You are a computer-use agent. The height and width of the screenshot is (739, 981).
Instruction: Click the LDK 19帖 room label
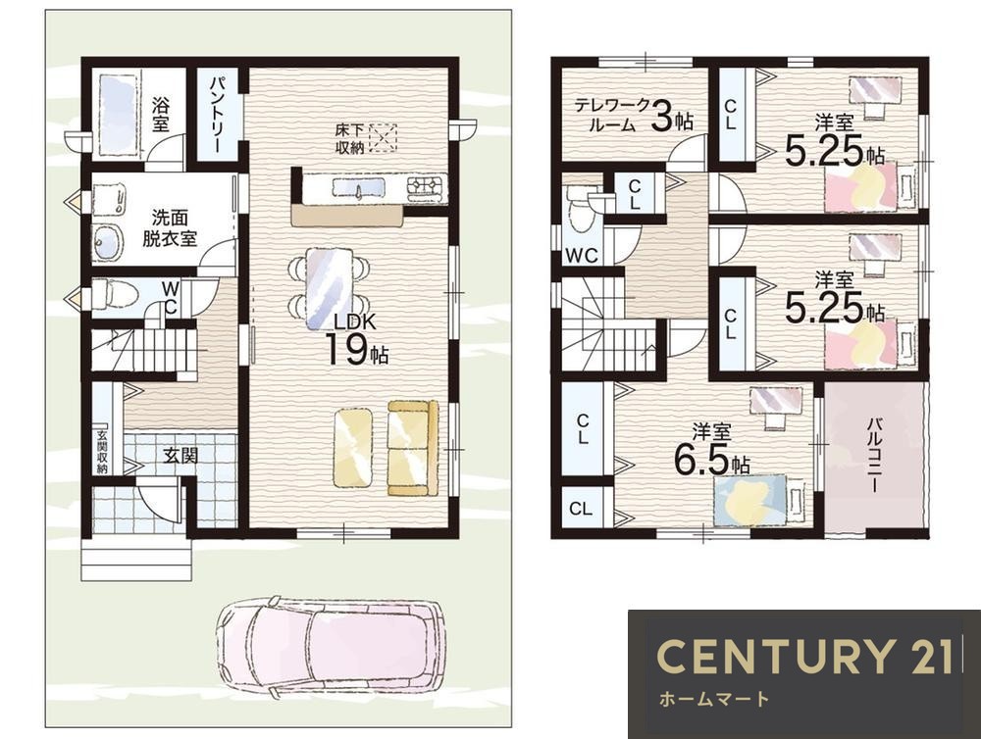click(x=356, y=339)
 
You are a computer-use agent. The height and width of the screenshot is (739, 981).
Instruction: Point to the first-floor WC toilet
click(x=115, y=294)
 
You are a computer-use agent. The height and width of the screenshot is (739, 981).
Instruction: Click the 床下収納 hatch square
click(x=383, y=138)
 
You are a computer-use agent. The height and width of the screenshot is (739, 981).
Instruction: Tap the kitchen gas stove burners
click(x=425, y=185)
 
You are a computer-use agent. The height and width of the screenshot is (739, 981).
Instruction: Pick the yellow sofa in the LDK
click(x=412, y=448)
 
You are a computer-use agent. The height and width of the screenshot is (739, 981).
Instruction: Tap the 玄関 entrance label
click(x=181, y=456)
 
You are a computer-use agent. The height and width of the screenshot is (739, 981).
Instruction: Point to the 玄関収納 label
click(x=102, y=452)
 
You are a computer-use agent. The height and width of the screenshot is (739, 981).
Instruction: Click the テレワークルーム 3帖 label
click(x=634, y=115)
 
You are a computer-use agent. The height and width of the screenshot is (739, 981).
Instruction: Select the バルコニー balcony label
click(x=874, y=457)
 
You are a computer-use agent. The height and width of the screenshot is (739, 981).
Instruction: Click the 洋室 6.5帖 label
click(x=712, y=451)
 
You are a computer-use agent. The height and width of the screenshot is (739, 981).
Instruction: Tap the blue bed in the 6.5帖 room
click(x=750, y=499)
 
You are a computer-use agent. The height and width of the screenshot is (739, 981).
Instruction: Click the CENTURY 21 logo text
click(x=804, y=656)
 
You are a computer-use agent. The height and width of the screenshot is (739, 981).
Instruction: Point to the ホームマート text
click(x=714, y=699)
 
